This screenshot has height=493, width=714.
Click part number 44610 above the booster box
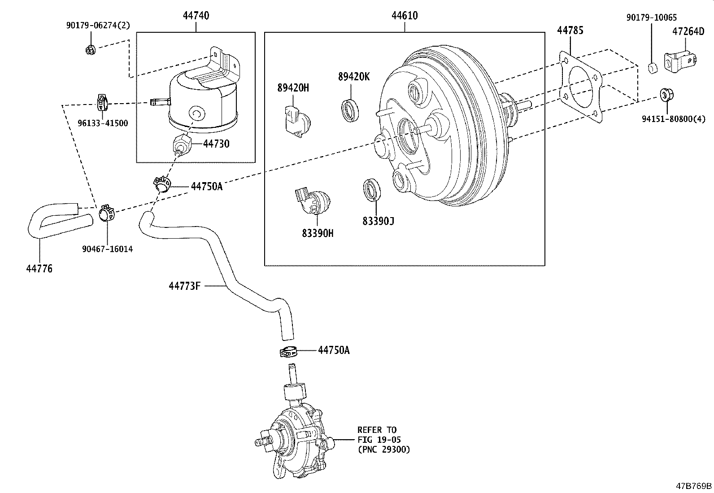pos(405,16)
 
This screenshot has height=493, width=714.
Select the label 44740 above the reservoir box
pos(196,16)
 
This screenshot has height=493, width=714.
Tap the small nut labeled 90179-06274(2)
pos(90,49)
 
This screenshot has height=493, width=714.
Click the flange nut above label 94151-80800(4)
pos(666,95)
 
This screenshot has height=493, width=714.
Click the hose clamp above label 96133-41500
pos(103,103)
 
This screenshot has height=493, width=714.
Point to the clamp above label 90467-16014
pos(106,212)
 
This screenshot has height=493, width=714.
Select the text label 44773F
pos(184,285)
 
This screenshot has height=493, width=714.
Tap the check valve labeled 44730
pos(181,144)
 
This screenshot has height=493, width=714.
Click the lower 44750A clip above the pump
pos(287,352)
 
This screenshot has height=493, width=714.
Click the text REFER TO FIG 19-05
pos(379,435)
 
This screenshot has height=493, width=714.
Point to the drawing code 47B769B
pos(694,486)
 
